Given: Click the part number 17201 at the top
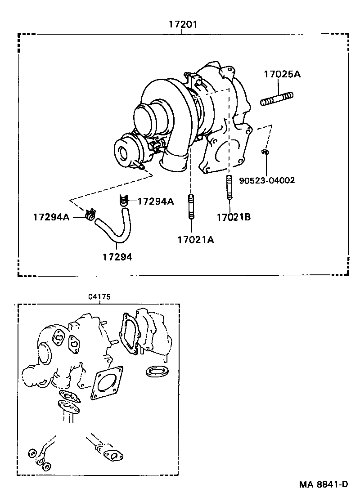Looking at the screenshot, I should click(183, 24).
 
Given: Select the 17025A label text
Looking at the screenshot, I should click(282, 75).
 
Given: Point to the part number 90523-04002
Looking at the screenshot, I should click(266, 180).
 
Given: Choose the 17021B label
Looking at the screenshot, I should click(233, 217).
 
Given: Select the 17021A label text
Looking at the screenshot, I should click(195, 240).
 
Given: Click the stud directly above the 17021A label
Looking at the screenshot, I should click(191, 208).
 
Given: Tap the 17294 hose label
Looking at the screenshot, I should click(117, 257).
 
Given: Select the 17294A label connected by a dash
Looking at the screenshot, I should click(155, 202).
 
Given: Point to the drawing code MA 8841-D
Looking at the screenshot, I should click(324, 484).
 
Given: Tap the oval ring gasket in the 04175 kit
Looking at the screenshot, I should click(157, 372).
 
